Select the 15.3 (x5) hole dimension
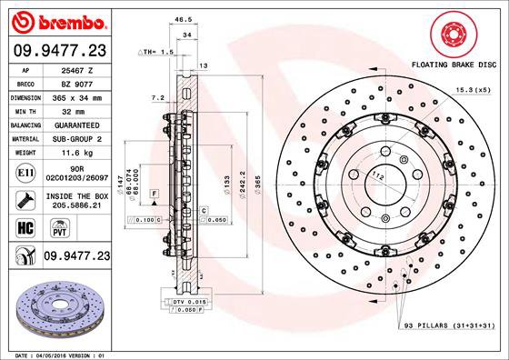point(472,88)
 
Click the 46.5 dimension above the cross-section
point(182,17)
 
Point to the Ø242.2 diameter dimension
point(241,183)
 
